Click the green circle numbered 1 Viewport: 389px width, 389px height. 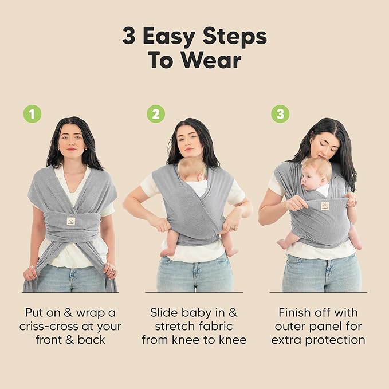pyautogui.click(x=32, y=114)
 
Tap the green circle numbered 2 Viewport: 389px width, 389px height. pyautogui.click(x=155, y=114)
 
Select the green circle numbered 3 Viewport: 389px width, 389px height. pyautogui.click(x=280, y=114)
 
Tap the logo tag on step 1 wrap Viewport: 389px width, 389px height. pyautogui.click(x=71, y=221)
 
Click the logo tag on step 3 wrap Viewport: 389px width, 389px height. pyautogui.click(x=325, y=206)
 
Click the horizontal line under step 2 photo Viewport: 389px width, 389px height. pyautogui.click(x=194, y=293)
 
